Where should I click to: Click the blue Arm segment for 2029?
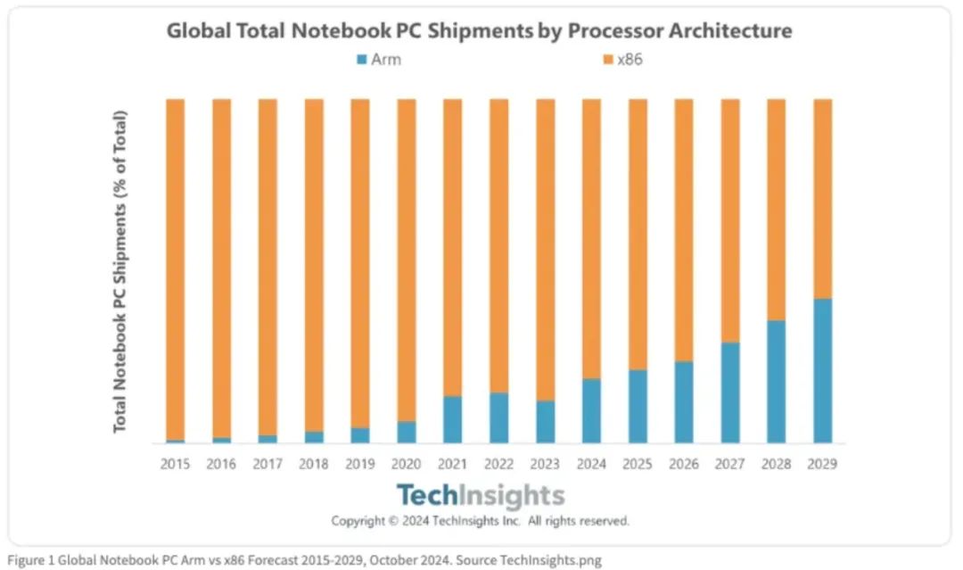pos(822,370)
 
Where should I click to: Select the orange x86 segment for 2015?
pos(175,268)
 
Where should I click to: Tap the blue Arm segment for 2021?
pos(452,419)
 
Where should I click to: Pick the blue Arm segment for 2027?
pos(730,392)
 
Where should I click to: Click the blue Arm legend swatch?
pos(361,61)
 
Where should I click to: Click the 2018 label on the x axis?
pos(314,464)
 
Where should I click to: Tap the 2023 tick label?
pos(545,464)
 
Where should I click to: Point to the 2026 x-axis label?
pos(684,464)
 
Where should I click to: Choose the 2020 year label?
pos(407,464)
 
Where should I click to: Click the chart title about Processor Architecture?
pos(480,31)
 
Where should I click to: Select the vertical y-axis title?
pos(120,272)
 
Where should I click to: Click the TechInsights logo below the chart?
pos(480,496)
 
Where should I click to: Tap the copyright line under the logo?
pos(480,521)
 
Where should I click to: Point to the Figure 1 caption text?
pos(303,560)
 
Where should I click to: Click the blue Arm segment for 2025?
pos(638,406)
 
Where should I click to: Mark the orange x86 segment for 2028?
pos(777,210)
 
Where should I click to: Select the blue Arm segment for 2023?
pos(545,422)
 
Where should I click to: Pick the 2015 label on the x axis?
pos(175,464)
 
